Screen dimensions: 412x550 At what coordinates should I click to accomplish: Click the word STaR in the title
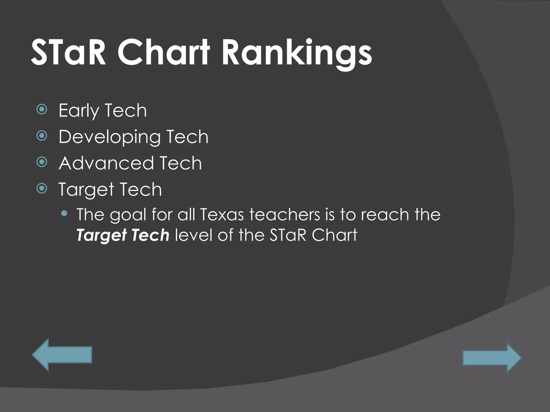(x=69, y=53)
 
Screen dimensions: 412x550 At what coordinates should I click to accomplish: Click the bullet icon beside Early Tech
(x=42, y=109)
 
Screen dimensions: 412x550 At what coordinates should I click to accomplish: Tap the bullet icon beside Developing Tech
(x=42, y=136)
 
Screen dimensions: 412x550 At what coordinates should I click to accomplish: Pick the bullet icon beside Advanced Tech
(x=42, y=162)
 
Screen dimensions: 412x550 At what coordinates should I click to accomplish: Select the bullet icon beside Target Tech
(x=42, y=189)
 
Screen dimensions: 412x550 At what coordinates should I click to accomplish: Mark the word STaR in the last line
(x=288, y=235)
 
